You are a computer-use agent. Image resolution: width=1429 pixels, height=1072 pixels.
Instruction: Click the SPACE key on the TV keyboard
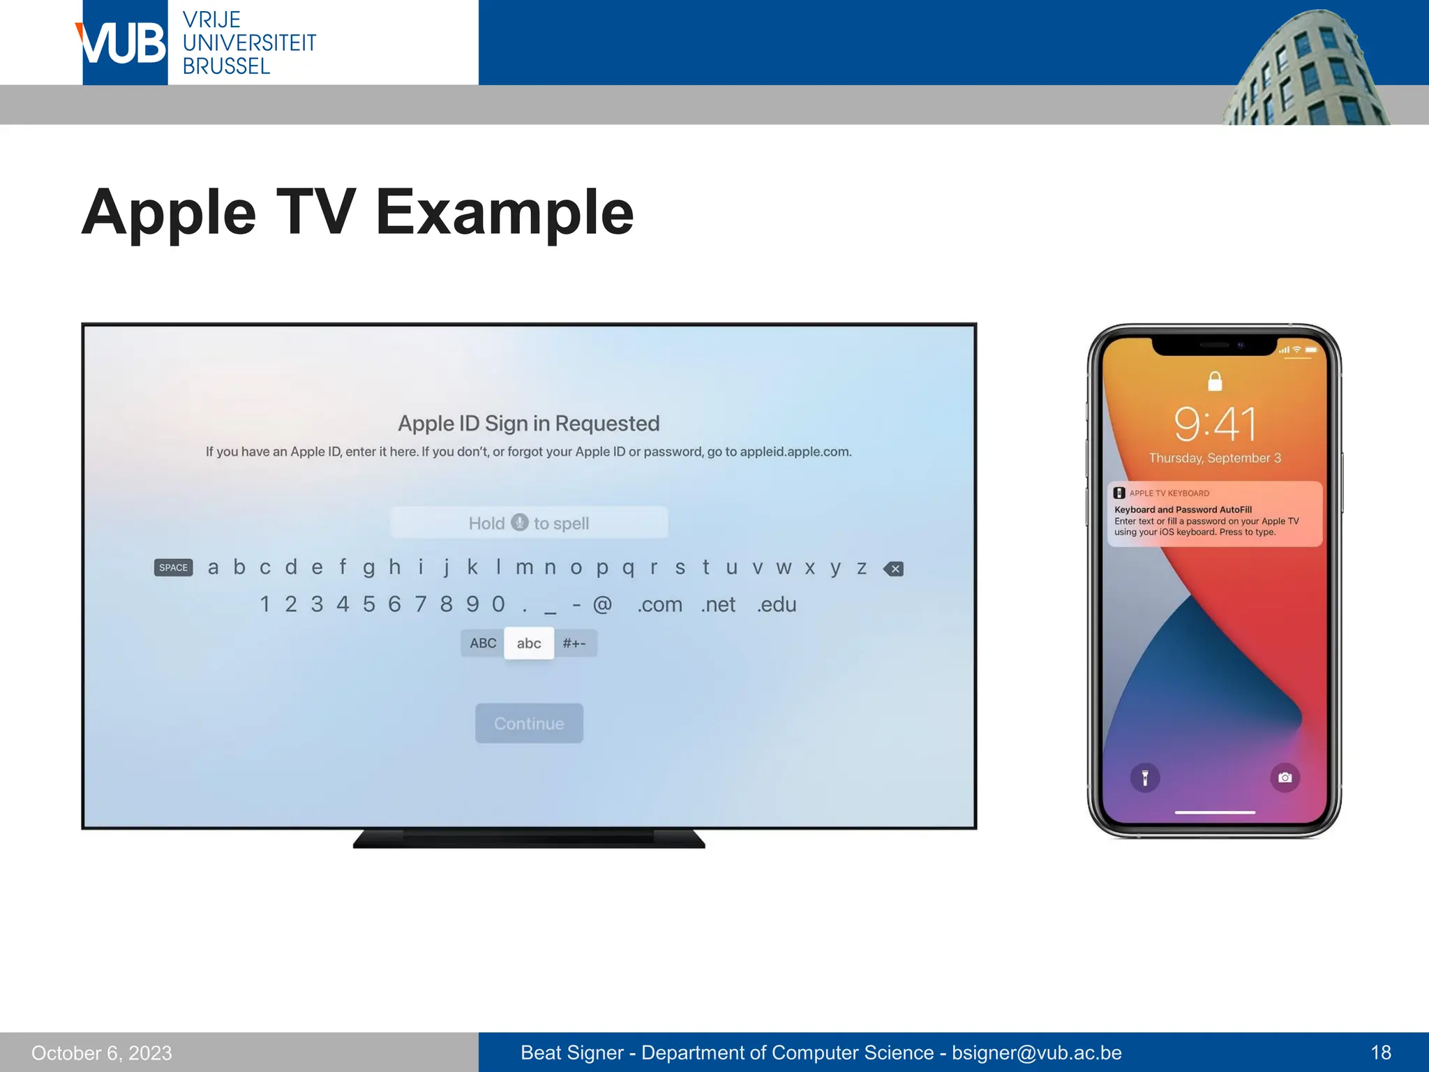173,567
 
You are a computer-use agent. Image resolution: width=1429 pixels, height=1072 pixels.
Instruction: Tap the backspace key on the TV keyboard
893,569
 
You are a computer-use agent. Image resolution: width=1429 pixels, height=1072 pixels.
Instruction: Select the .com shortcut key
659,604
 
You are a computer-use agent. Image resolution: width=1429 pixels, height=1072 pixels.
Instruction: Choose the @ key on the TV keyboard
602,604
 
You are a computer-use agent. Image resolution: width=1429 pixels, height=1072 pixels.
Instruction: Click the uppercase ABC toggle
483,643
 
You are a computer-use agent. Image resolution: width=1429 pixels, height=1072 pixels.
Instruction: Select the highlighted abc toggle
529,643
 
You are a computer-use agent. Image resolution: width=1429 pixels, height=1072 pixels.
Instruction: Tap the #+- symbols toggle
574,643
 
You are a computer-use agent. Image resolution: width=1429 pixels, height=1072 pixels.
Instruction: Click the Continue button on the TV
529,723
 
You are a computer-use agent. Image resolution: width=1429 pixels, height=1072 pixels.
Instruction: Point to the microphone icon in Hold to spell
520,522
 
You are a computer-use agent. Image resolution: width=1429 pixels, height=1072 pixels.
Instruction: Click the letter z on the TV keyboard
862,568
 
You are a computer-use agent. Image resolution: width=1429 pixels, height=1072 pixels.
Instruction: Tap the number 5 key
368,604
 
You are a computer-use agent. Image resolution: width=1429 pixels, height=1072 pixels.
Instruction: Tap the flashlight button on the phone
1145,777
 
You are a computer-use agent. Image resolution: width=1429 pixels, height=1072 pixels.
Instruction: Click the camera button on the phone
1285,777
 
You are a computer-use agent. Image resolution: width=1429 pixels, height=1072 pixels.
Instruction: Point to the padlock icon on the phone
1215,381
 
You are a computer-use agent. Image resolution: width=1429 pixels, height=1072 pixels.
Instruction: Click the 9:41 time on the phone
1215,424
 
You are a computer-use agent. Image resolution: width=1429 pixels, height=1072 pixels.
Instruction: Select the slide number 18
1380,1052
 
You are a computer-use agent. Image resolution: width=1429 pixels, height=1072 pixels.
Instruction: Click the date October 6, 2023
102,1052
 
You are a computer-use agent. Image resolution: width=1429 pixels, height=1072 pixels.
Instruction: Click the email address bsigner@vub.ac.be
1036,1052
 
